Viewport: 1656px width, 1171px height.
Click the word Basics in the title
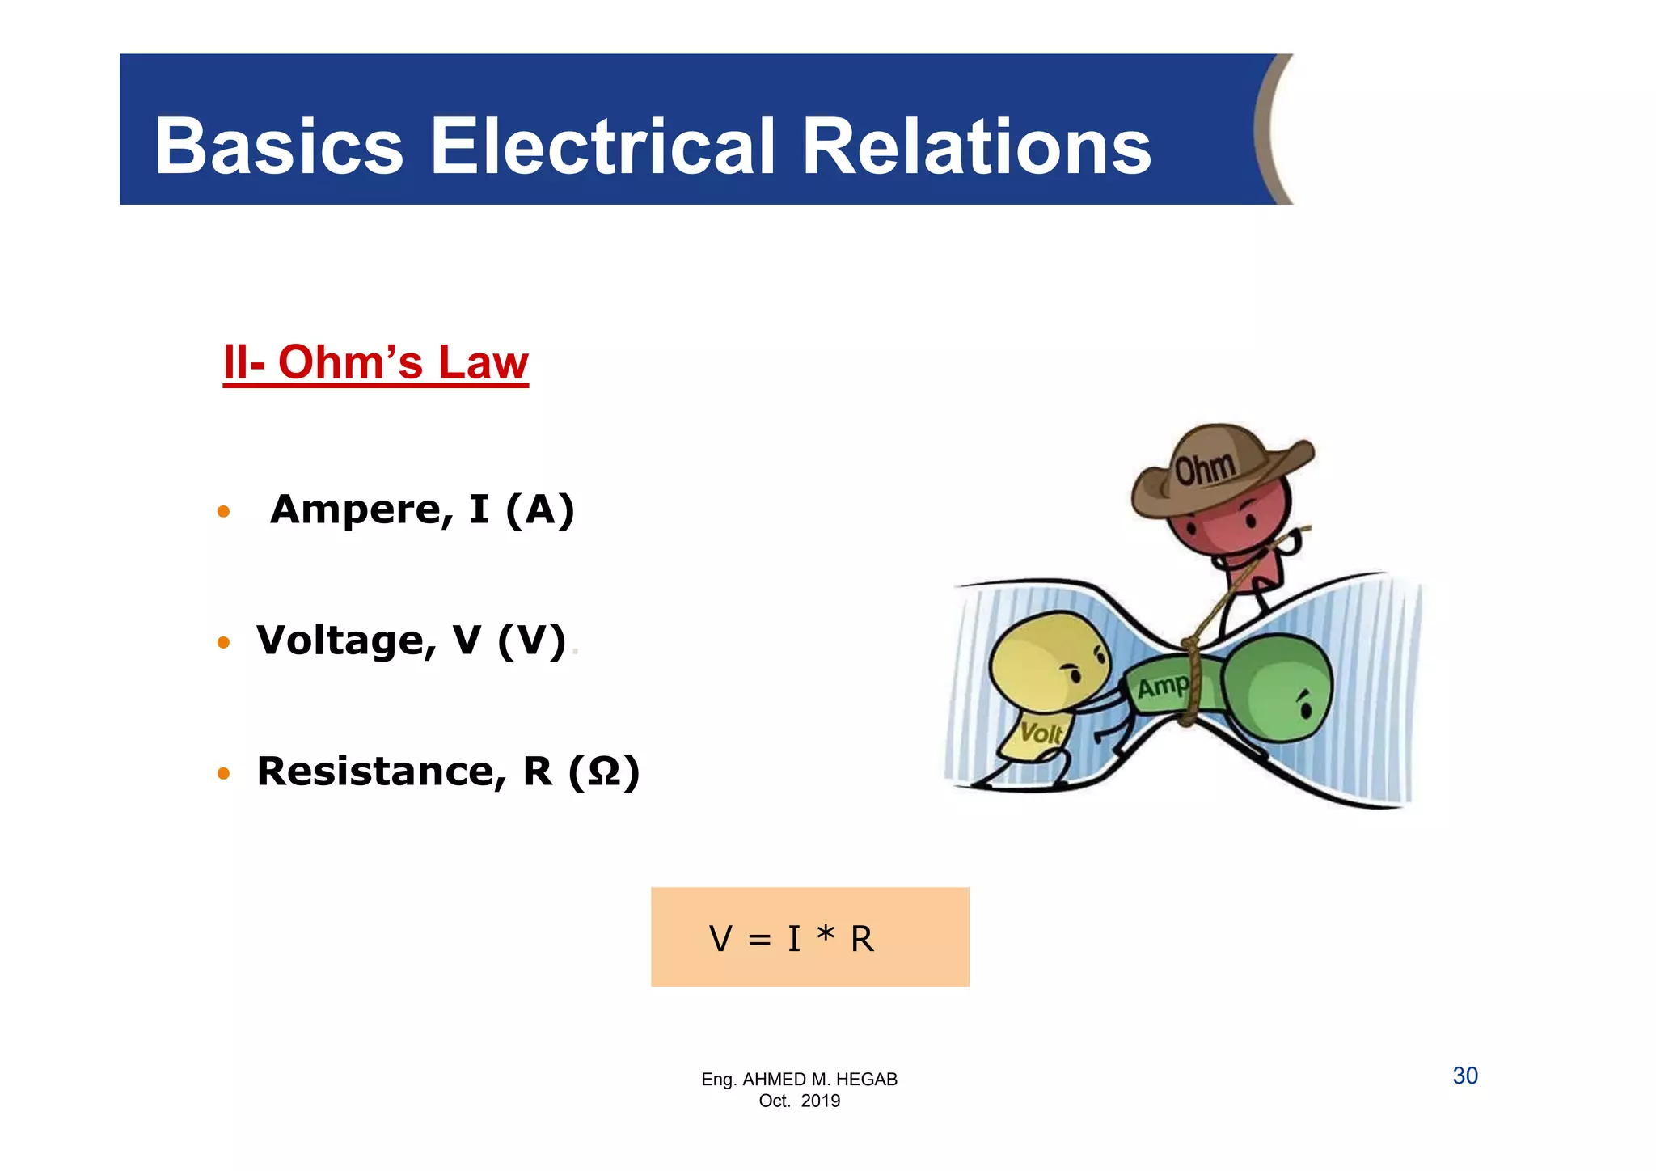pos(279,147)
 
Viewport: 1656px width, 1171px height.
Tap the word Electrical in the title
pos(602,147)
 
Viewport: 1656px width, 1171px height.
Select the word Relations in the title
pos(976,147)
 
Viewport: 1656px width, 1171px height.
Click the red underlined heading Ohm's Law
pos(376,362)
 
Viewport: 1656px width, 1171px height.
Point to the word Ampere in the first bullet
pos(357,509)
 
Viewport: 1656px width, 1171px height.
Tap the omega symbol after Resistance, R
pos(604,772)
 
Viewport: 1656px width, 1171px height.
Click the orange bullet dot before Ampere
pos(224,512)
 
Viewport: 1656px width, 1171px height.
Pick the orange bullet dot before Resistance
pos(224,774)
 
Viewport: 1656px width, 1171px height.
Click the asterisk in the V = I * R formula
pos(825,936)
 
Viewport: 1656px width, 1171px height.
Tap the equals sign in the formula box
pos(759,940)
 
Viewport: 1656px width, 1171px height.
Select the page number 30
pos(1465,1076)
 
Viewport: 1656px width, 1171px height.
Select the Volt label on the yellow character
pos(1041,733)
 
